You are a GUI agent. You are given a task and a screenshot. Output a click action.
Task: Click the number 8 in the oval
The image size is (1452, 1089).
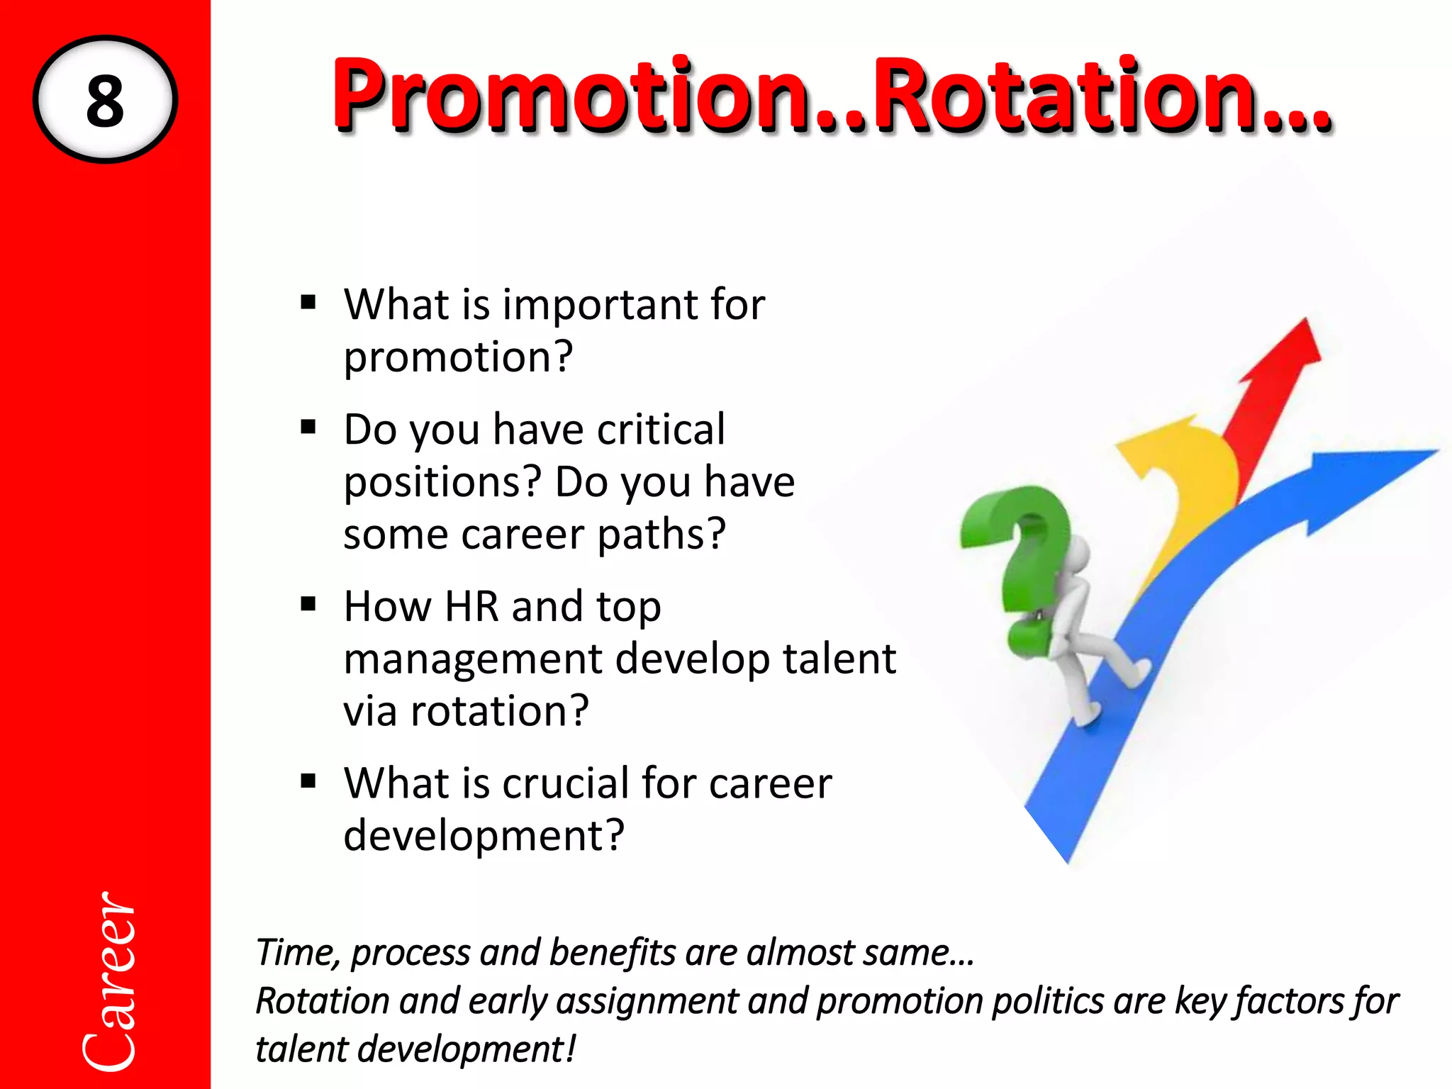105,101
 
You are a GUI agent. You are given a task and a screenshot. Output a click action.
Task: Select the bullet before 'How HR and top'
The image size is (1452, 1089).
308,605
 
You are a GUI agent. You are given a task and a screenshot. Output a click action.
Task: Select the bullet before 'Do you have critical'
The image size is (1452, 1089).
308,428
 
